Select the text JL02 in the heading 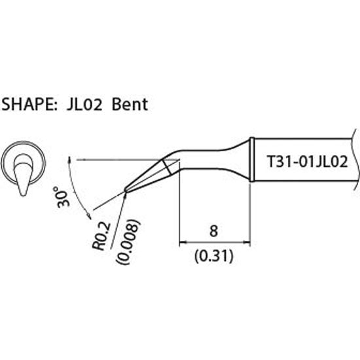point(83,104)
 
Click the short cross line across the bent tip point(168,166)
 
